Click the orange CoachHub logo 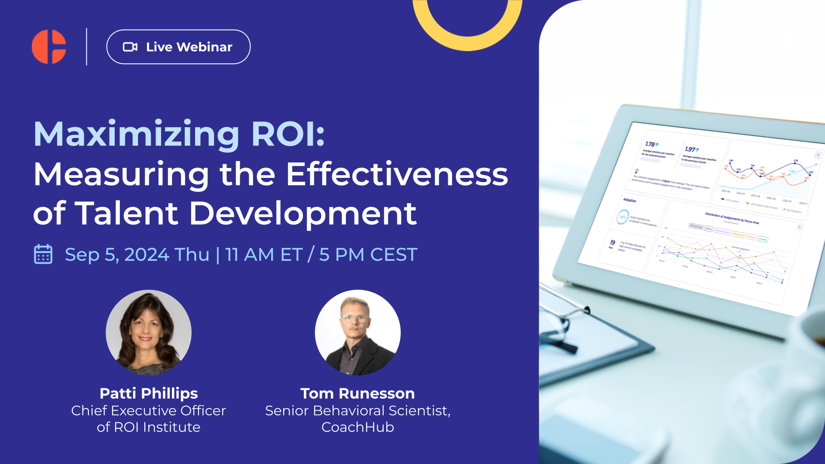pyautogui.click(x=49, y=47)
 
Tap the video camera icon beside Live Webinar pyautogui.click(x=130, y=47)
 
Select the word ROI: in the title pyautogui.click(x=288, y=134)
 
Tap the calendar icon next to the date pyautogui.click(x=43, y=254)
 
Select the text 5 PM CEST pyautogui.click(x=368, y=254)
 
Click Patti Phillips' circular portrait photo pyautogui.click(x=149, y=332)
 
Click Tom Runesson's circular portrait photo pyautogui.click(x=357, y=332)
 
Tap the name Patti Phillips pyautogui.click(x=149, y=393)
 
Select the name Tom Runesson pyautogui.click(x=357, y=393)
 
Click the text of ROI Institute pyautogui.click(x=149, y=427)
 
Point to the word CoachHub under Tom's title pyautogui.click(x=357, y=427)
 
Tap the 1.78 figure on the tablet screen pyautogui.click(x=650, y=144)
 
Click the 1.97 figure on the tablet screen pyautogui.click(x=690, y=149)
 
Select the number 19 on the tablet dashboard pyautogui.click(x=612, y=242)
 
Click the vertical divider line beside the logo pyautogui.click(x=87, y=47)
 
